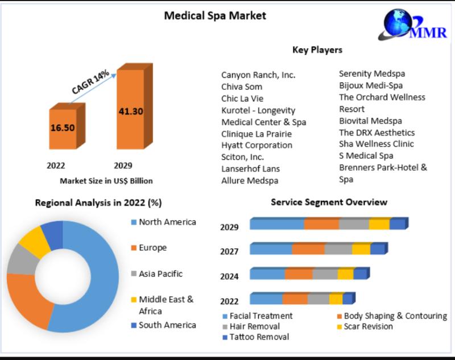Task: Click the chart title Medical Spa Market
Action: tap(215, 15)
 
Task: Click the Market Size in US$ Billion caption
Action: tap(106, 181)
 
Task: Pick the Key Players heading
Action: tap(317, 50)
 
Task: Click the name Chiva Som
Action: tap(242, 86)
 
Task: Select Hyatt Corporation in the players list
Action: tap(257, 145)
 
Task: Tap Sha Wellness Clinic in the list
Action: tap(377, 144)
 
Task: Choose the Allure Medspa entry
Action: tap(250, 180)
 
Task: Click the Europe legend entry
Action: tap(152, 248)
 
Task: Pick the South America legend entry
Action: tap(167, 325)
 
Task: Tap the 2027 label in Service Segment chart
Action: tap(229, 251)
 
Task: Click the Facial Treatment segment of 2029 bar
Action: tap(276, 224)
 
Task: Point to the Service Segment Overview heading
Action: tap(329, 202)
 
